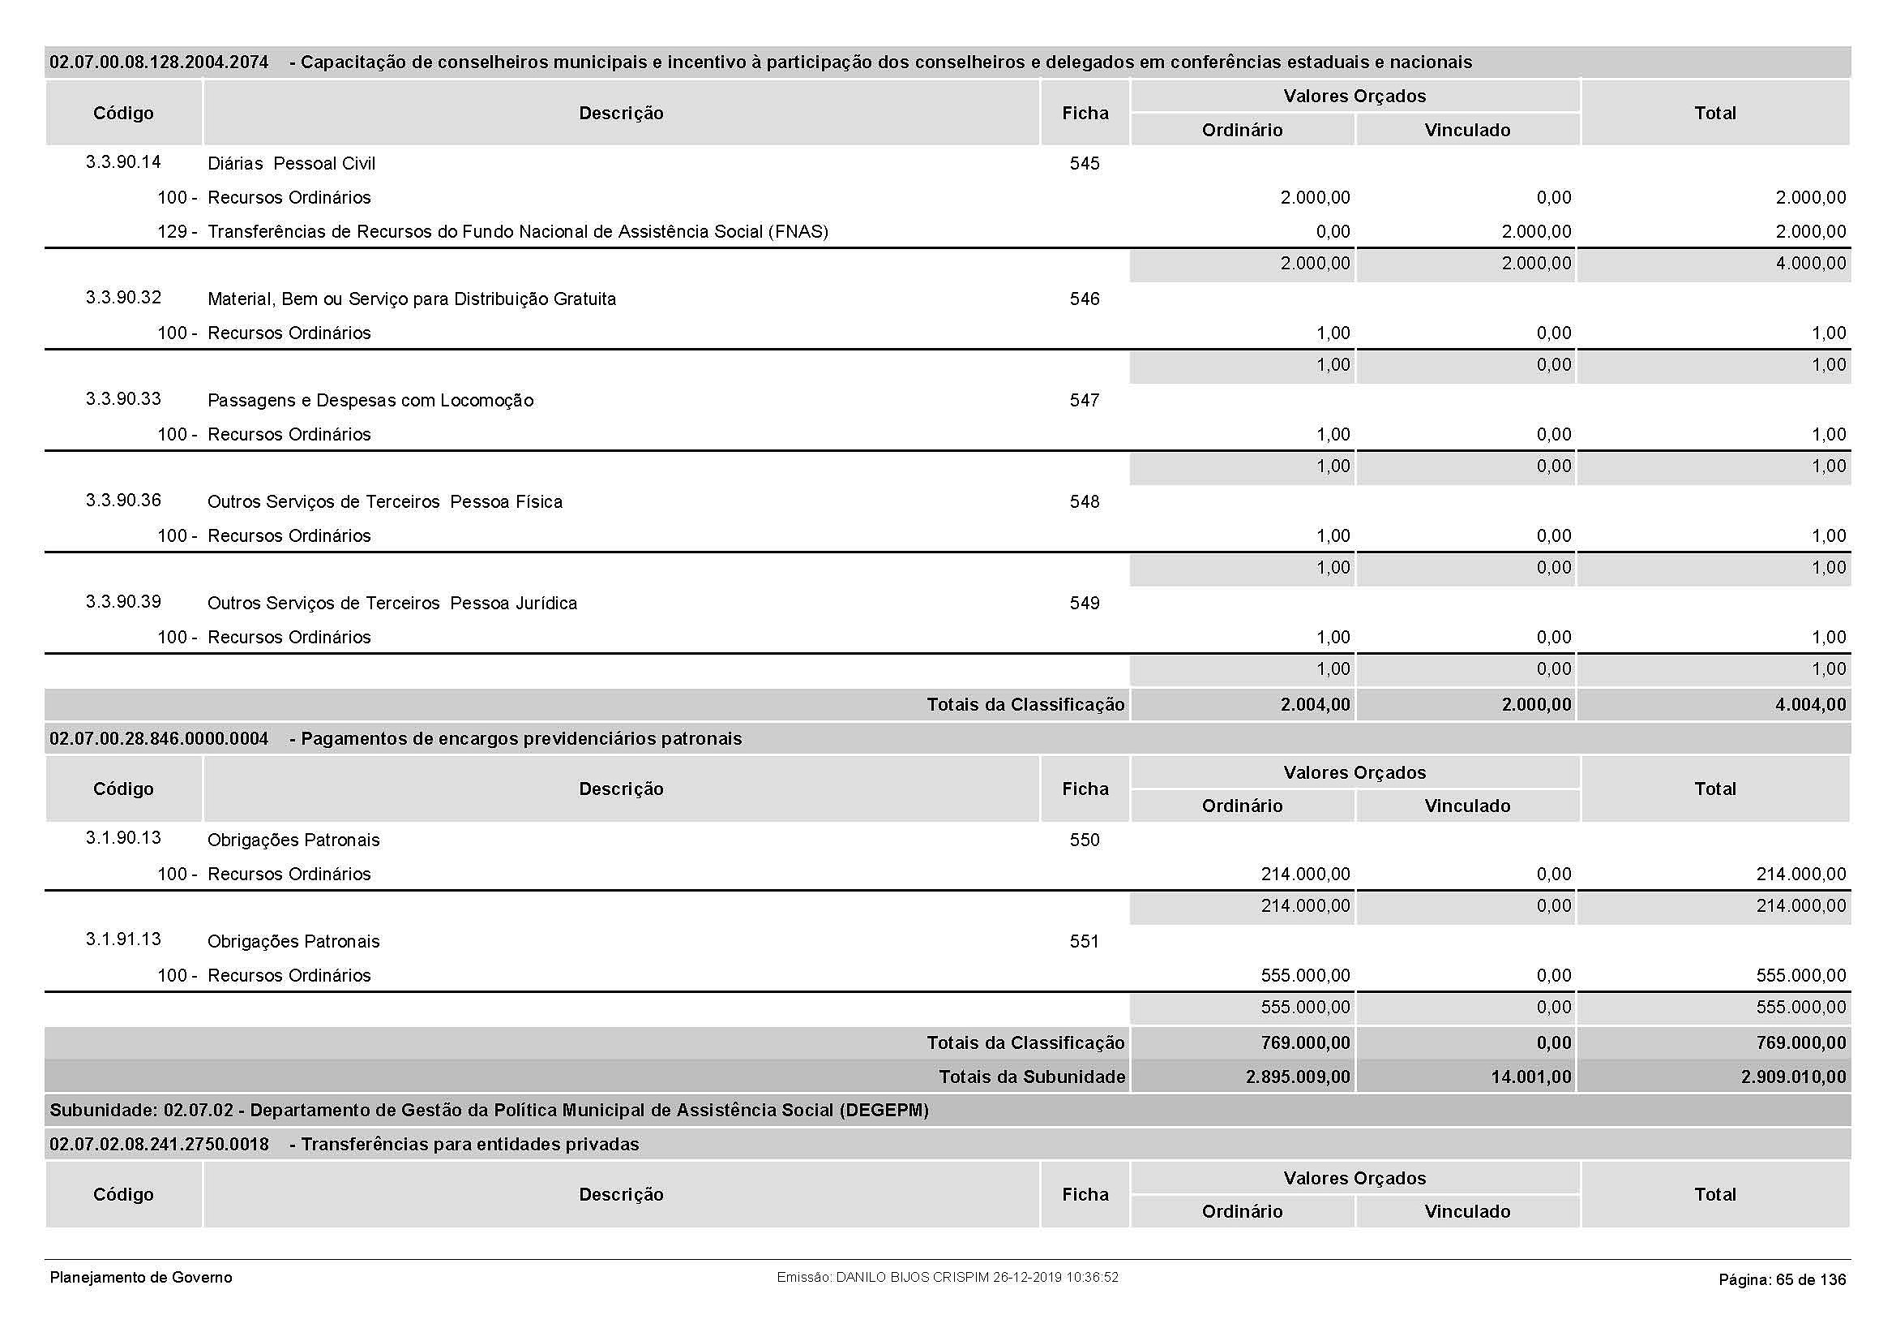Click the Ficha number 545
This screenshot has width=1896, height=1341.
(x=1085, y=164)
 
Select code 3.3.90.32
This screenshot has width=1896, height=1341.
(x=123, y=298)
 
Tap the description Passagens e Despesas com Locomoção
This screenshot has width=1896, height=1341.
(x=370, y=401)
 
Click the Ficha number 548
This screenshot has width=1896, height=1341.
(x=1085, y=502)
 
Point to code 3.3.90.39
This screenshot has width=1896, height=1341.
(x=123, y=601)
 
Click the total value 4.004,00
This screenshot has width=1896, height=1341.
(x=1810, y=705)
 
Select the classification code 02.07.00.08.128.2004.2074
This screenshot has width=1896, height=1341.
(x=159, y=62)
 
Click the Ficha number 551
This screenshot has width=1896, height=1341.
(x=1085, y=941)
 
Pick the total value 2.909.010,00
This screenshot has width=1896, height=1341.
(x=1793, y=1077)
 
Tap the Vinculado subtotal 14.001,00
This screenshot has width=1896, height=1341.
(x=1531, y=1077)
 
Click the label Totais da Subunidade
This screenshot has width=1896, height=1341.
(x=1031, y=1077)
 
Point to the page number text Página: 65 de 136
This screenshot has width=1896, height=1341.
(x=1782, y=1280)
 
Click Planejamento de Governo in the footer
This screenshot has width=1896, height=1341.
(x=141, y=1278)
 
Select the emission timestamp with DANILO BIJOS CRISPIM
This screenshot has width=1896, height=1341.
(x=947, y=1278)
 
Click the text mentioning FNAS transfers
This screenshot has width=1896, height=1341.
(x=518, y=231)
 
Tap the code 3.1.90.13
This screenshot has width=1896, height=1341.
(x=123, y=838)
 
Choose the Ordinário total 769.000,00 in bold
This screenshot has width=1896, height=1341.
(x=1305, y=1042)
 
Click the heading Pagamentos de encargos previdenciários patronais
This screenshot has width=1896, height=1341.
(x=521, y=739)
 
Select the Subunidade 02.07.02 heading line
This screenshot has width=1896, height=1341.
(x=489, y=1111)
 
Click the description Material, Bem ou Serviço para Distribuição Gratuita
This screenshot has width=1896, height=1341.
(x=411, y=299)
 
